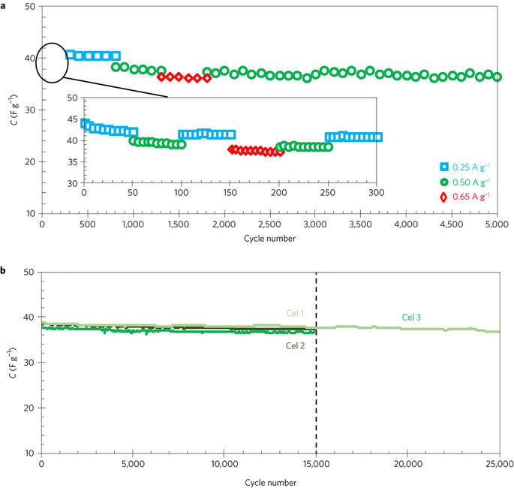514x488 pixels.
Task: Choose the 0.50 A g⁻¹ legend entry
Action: tap(470, 182)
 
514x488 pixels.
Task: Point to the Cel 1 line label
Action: tap(293, 314)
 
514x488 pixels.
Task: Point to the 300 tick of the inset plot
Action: tap(376, 193)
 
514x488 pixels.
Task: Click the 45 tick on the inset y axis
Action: tap(72, 119)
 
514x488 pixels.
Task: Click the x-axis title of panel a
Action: tap(270, 239)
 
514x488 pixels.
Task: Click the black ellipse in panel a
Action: tap(52, 59)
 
